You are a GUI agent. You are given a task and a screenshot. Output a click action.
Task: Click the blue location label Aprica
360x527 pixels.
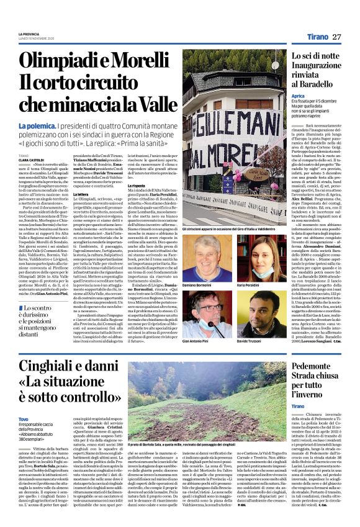[x=298, y=97]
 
